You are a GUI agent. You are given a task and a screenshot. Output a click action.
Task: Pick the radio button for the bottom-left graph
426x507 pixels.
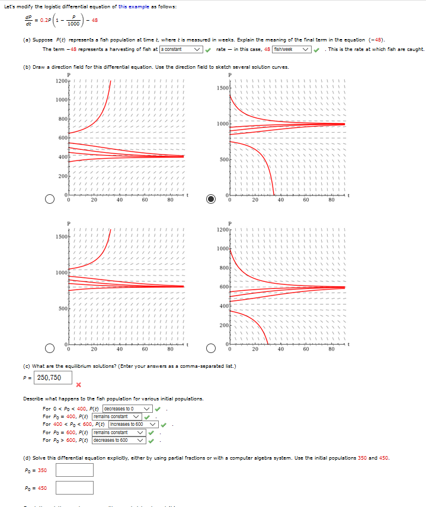click(50, 347)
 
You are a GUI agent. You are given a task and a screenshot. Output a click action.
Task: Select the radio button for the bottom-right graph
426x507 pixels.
click(211, 347)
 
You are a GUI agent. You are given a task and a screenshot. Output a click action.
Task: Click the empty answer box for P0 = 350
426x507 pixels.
click(74, 470)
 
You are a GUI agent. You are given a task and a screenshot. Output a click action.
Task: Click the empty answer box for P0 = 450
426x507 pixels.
click(74, 488)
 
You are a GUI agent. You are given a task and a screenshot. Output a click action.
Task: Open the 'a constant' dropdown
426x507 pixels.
click(181, 49)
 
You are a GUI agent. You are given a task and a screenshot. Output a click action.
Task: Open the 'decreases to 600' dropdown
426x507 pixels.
click(119, 439)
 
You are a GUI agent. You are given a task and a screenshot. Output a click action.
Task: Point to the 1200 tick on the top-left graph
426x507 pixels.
click(61, 81)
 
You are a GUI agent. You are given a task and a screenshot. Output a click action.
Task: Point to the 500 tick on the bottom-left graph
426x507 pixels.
click(62, 309)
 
